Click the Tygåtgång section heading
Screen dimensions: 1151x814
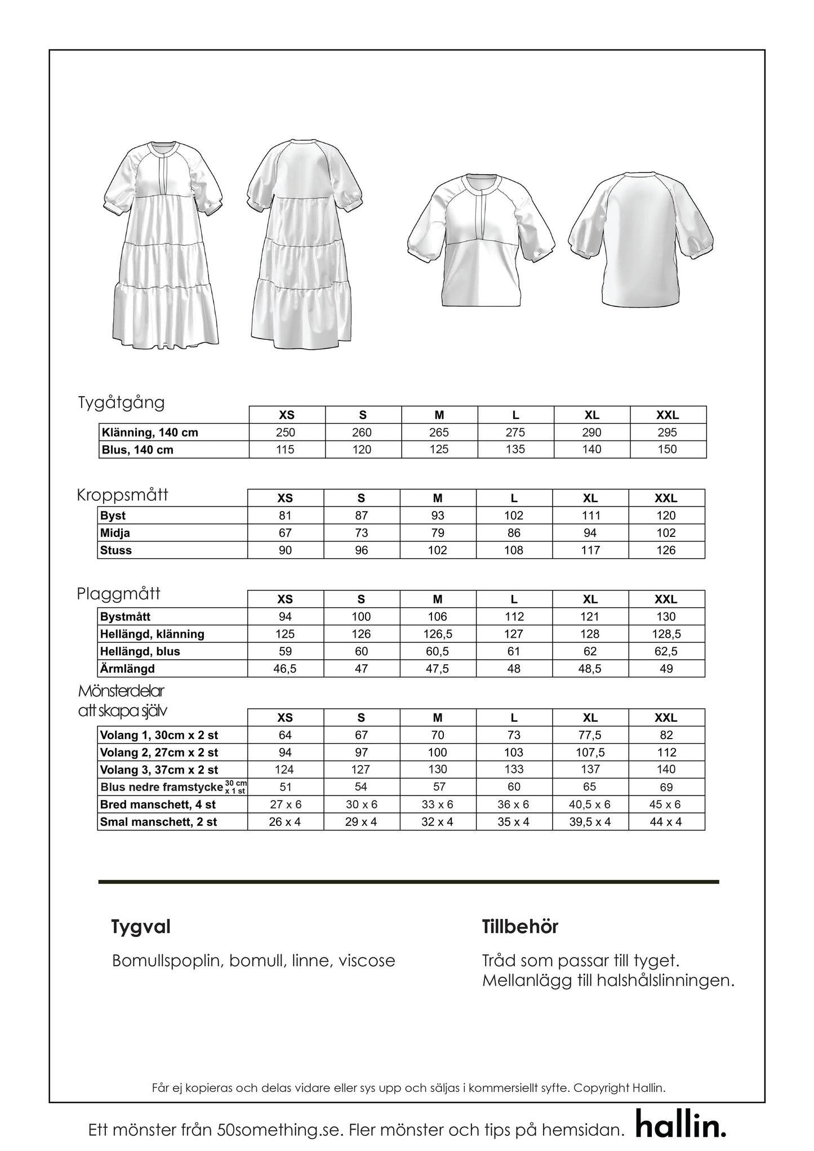pyautogui.click(x=121, y=403)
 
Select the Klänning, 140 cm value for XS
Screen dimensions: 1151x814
pyautogui.click(x=286, y=433)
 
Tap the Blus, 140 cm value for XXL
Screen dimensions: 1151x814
pyautogui.click(x=667, y=450)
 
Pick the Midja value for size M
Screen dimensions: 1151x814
pyautogui.click(x=438, y=533)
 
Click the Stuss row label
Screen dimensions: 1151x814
pyautogui.click(x=116, y=550)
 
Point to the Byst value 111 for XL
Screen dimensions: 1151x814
pyautogui.click(x=590, y=515)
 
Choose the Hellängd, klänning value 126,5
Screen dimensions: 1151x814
pyautogui.click(x=438, y=634)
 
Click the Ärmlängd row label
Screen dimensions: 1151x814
pyautogui.click(x=127, y=669)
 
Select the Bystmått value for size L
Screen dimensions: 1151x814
pyautogui.click(x=514, y=617)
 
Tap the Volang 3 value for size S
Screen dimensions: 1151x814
pyautogui.click(x=361, y=770)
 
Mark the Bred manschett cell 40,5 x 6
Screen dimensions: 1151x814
pyautogui.click(x=590, y=805)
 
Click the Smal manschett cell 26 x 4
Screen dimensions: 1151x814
pyautogui.click(x=285, y=822)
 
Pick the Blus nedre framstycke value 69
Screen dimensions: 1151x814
pyautogui.click(x=666, y=787)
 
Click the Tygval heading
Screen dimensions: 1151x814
pyautogui.click(x=141, y=927)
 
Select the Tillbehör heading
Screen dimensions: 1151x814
pyautogui.click(x=520, y=927)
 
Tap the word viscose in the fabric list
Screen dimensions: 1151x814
pyautogui.click(x=367, y=961)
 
